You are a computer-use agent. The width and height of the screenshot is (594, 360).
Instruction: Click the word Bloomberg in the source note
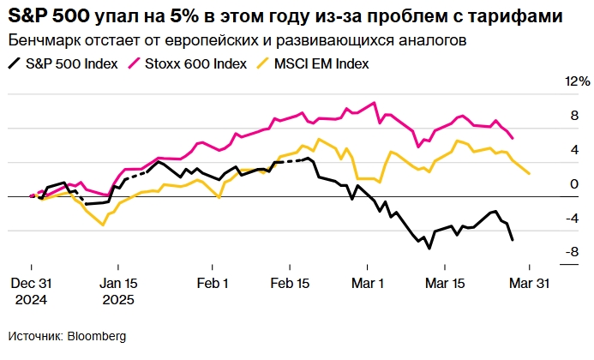tap(97, 336)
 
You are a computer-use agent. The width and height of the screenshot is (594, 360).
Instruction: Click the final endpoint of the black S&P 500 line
tap(513, 240)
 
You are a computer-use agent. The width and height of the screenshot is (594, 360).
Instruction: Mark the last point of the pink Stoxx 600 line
tap(513, 138)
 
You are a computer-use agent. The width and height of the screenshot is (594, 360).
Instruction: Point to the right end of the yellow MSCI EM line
tap(530, 174)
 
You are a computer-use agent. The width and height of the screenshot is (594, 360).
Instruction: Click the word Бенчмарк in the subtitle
tap(39, 40)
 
